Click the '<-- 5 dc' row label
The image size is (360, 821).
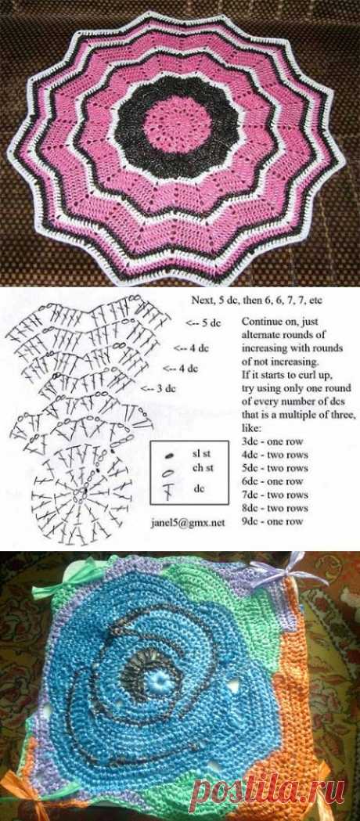[x=204, y=323]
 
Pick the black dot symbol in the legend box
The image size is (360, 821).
[x=169, y=456]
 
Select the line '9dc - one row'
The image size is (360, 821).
[x=272, y=521]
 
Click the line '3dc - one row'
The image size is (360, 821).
[x=272, y=441]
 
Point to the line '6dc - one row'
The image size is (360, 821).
[x=272, y=481]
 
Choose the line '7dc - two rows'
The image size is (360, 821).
[x=275, y=495]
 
